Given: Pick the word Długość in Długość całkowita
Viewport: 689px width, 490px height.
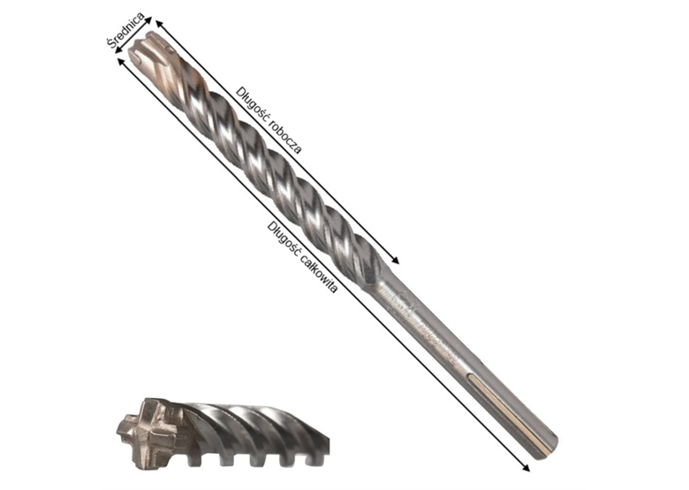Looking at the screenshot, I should [x=282, y=237].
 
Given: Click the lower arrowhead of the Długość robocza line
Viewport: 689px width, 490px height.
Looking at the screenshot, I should [x=397, y=261].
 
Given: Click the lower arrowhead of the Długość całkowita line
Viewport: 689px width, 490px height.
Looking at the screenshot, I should [x=526, y=468].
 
